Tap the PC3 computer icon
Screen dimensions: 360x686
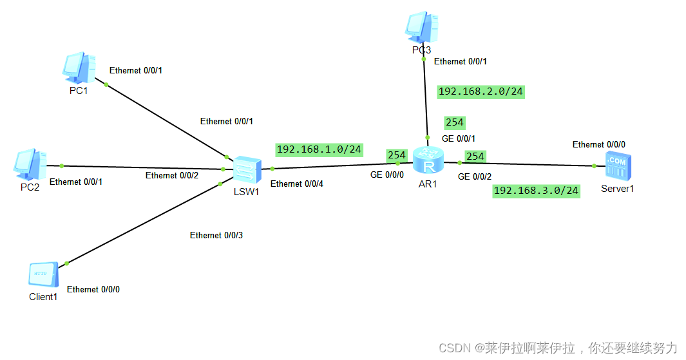[x=423, y=26]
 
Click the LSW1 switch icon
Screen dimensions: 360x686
[x=247, y=169]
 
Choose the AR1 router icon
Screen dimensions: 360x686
[x=428, y=160]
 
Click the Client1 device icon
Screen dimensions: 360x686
[x=43, y=275]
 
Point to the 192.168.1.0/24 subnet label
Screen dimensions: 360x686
[x=319, y=149]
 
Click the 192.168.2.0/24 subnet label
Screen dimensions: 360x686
[x=481, y=91]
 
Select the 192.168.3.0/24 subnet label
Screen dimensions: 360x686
[x=536, y=191]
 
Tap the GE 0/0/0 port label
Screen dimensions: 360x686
[x=386, y=175]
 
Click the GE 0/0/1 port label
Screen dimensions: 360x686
[x=457, y=138]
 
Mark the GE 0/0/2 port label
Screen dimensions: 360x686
[x=474, y=176]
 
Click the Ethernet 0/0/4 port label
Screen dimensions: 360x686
[x=296, y=184]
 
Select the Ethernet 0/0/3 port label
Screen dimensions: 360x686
[x=216, y=236]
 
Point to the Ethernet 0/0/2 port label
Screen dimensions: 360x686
[x=171, y=175]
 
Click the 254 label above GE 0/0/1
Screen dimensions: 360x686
[x=454, y=122]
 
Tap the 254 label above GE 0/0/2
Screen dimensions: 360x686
[x=475, y=156]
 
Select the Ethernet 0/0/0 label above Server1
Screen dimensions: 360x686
[x=598, y=144]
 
